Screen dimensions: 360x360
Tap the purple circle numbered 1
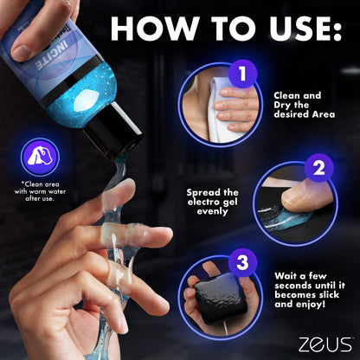tap(241, 74)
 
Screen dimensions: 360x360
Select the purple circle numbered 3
tap(242, 261)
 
